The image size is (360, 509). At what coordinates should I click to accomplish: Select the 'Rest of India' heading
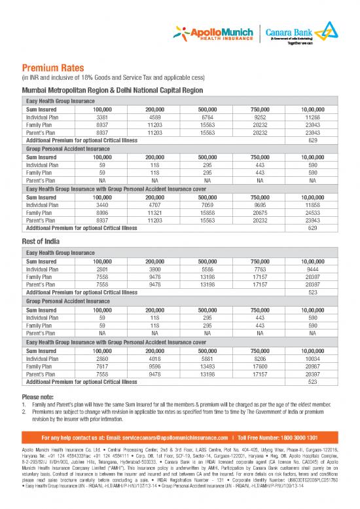43,242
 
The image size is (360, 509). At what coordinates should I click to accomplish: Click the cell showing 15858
207,213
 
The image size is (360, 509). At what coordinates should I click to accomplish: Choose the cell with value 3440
92,204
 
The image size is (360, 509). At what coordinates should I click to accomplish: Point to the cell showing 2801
92,268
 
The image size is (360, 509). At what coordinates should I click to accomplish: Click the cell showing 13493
207,366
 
